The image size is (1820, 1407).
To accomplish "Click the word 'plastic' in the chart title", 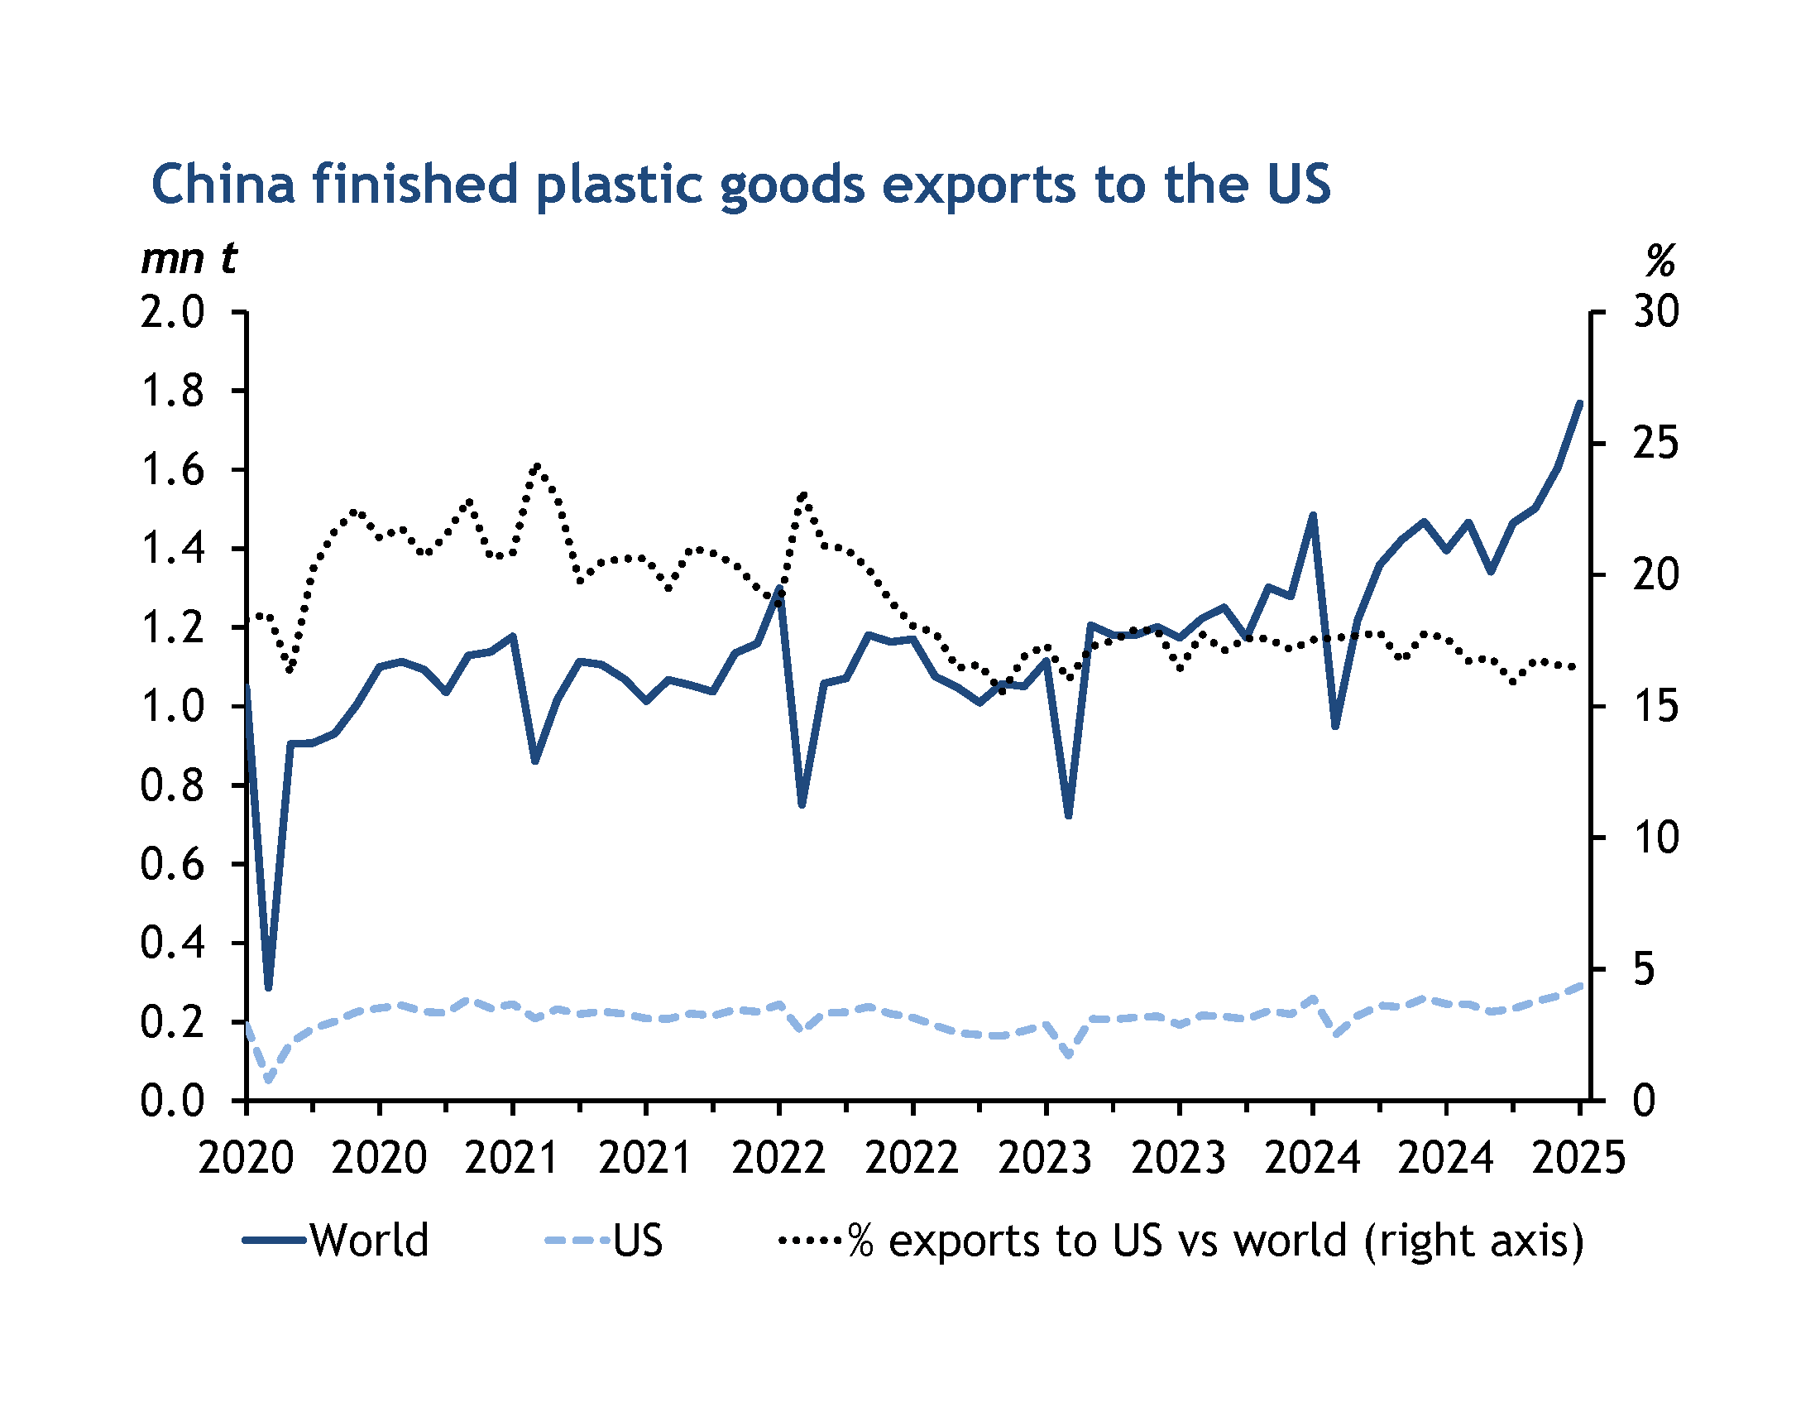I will [x=618, y=185].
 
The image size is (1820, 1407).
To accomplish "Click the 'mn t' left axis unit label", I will [x=189, y=258].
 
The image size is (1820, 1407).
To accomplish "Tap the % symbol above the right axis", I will [x=1660, y=262].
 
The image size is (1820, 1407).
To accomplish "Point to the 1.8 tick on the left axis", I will [x=173, y=391].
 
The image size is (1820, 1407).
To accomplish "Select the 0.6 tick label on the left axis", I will [x=173, y=864].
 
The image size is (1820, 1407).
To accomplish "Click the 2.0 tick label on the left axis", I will [x=173, y=313].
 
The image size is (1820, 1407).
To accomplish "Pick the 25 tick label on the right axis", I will [x=1656, y=444].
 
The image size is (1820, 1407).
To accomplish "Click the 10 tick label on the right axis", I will [x=1656, y=838].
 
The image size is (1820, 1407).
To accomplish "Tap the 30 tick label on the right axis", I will [x=1656, y=313].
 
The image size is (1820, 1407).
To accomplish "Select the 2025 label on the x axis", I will [x=1578, y=1158].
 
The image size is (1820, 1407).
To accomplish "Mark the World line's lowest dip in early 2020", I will [x=268, y=987].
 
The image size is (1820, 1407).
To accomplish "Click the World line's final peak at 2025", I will [x=1579, y=403].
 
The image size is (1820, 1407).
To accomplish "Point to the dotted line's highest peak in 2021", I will [x=536, y=465].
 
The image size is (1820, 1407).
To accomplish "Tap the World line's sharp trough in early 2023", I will [x=1068, y=815].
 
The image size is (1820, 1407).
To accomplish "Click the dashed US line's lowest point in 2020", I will [x=268, y=1081].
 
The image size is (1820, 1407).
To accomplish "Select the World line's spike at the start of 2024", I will [x=1313, y=515].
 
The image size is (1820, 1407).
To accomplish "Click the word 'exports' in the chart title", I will [x=979, y=185].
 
